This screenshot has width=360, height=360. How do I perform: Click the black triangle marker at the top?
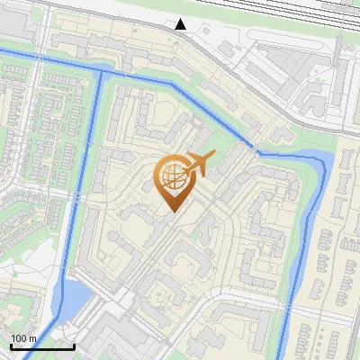tap(181, 23)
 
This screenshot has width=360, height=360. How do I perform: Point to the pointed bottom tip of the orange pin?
tap(171, 211)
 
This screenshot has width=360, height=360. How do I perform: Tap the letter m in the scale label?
tap(32, 338)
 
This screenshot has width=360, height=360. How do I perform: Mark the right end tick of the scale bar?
tap(74, 346)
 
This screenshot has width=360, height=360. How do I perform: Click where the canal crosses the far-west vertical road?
tap(33, 61)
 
